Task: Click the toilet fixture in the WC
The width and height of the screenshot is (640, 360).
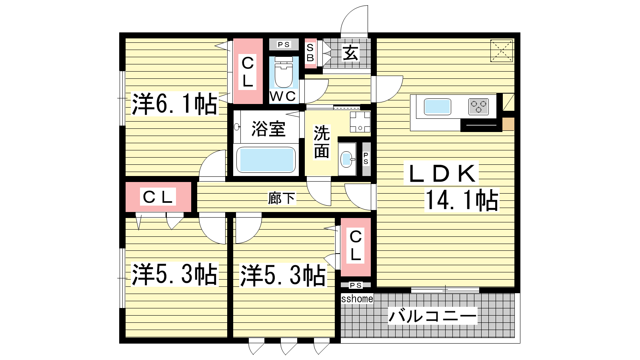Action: [284, 72]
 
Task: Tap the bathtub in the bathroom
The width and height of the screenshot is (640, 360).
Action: [266, 160]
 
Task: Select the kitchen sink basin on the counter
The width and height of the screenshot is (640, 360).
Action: [438, 106]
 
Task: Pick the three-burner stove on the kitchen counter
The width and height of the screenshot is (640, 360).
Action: [478, 106]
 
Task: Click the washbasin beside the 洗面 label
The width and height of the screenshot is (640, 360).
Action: [346, 159]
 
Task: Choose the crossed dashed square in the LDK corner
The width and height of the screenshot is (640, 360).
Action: [502, 51]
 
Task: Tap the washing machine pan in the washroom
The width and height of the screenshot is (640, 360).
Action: [360, 122]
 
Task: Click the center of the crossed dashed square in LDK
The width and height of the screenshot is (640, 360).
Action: [502, 51]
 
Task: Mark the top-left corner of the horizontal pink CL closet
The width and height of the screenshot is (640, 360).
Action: [126, 182]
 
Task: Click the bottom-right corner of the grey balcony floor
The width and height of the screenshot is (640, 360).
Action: [514, 338]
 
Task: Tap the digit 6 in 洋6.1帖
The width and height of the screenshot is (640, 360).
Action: [161, 104]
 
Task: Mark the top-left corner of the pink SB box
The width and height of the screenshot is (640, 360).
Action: [305, 38]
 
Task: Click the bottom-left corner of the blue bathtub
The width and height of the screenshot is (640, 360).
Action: [236, 173]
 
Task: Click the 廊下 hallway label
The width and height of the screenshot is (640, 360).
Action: [282, 198]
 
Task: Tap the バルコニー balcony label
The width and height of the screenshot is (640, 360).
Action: [432, 316]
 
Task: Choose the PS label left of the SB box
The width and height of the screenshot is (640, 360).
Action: [284, 44]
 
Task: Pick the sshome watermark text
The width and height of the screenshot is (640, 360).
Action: [357, 299]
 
